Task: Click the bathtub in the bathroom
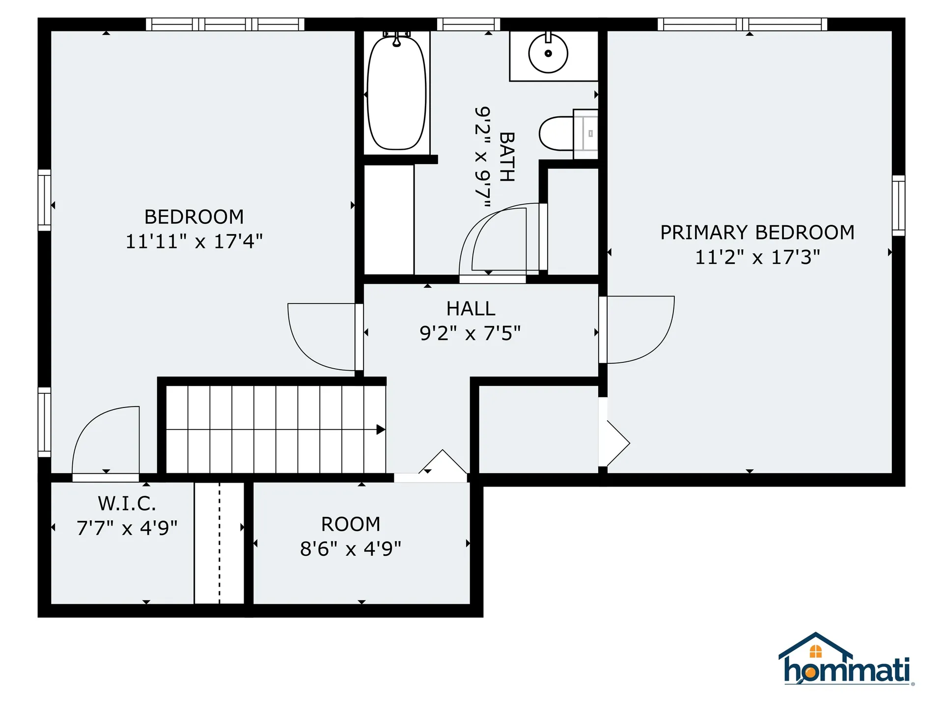pos(396,93)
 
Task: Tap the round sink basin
pos(548,54)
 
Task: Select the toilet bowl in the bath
pos(556,133)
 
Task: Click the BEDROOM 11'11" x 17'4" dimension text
pos(194,242)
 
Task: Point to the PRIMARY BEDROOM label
pos(757,232)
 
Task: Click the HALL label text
pos(471,309)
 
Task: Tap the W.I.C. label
pos(127,503)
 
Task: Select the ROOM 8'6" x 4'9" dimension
pos(351,549)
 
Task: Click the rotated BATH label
pos(507,157)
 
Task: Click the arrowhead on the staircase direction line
pos(381,430)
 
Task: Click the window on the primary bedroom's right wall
pos(898,205)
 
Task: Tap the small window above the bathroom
pos(468,24)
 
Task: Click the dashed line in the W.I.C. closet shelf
pos(220,543)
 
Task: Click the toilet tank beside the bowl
pos(585,134)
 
